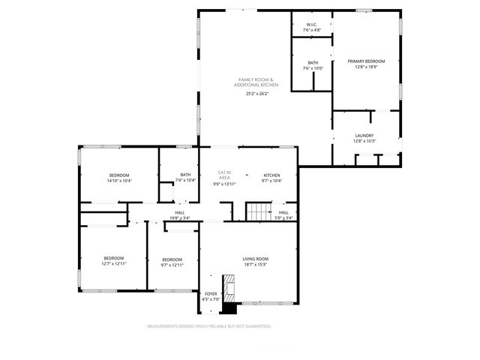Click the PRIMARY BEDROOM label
366,61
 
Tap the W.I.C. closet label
311,24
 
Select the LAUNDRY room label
364,136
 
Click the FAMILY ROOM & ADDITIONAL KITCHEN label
256,82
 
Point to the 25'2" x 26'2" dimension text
256,94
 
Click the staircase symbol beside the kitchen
259,211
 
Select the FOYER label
211,294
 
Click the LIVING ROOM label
255,259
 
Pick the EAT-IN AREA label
224,174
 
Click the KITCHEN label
271,175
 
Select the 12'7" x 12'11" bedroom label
114,260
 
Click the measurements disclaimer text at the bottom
209,326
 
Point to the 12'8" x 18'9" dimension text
366,67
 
